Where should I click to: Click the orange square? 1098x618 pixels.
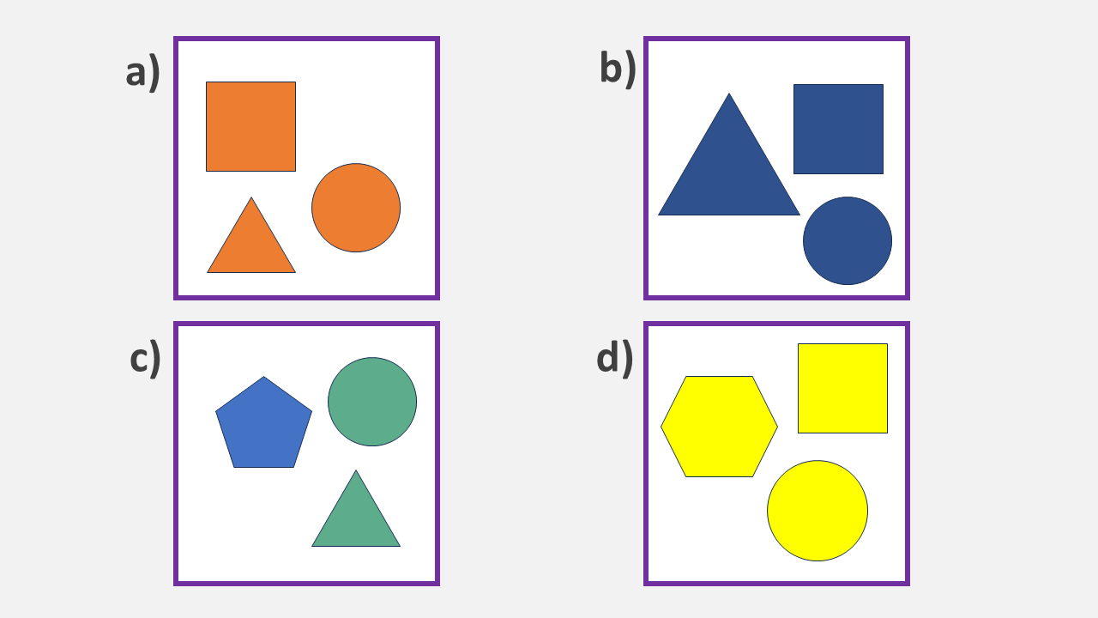(x=250, y=126)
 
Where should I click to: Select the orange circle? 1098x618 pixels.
(x=356, y=208)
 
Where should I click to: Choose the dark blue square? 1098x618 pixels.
(x=838, y=129)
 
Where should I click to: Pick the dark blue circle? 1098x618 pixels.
(x=848, y=240)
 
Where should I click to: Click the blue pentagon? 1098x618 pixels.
(x=263, y=425)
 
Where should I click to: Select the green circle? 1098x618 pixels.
(x=372, y=402)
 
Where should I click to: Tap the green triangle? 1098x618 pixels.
(x=356, y=518)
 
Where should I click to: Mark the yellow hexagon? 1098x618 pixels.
(x=719, y=426)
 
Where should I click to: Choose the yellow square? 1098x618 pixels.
(x=842, y=388)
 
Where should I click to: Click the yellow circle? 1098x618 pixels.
(x=817, y=511)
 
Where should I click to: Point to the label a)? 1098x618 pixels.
(x=142, y=72)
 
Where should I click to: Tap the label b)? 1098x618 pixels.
(x=618, y=68)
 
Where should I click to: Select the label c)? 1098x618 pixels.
(x=145, y=357)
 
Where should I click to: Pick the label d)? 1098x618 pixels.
(x=615, y=357)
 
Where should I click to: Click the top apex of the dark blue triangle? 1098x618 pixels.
(x=729, y=94)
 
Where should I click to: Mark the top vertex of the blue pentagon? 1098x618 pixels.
(x=263, y=377)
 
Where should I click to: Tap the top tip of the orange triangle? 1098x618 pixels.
(x=251, y=198)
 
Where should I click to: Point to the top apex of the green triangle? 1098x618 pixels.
(x=356, y=470)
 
